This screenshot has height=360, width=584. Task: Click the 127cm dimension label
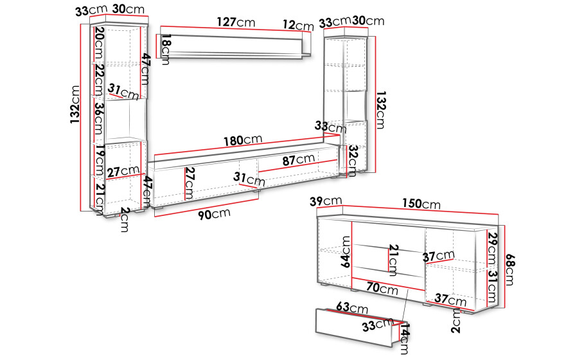236,22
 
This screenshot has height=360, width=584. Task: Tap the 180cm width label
243,141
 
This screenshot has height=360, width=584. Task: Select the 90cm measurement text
214,214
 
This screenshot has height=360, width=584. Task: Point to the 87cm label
299,160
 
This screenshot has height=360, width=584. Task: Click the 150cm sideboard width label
421,204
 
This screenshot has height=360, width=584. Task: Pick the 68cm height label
510,270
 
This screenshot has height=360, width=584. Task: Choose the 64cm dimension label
346,251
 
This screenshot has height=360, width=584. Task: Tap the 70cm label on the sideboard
382,288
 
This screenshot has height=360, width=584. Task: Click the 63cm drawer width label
352,307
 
